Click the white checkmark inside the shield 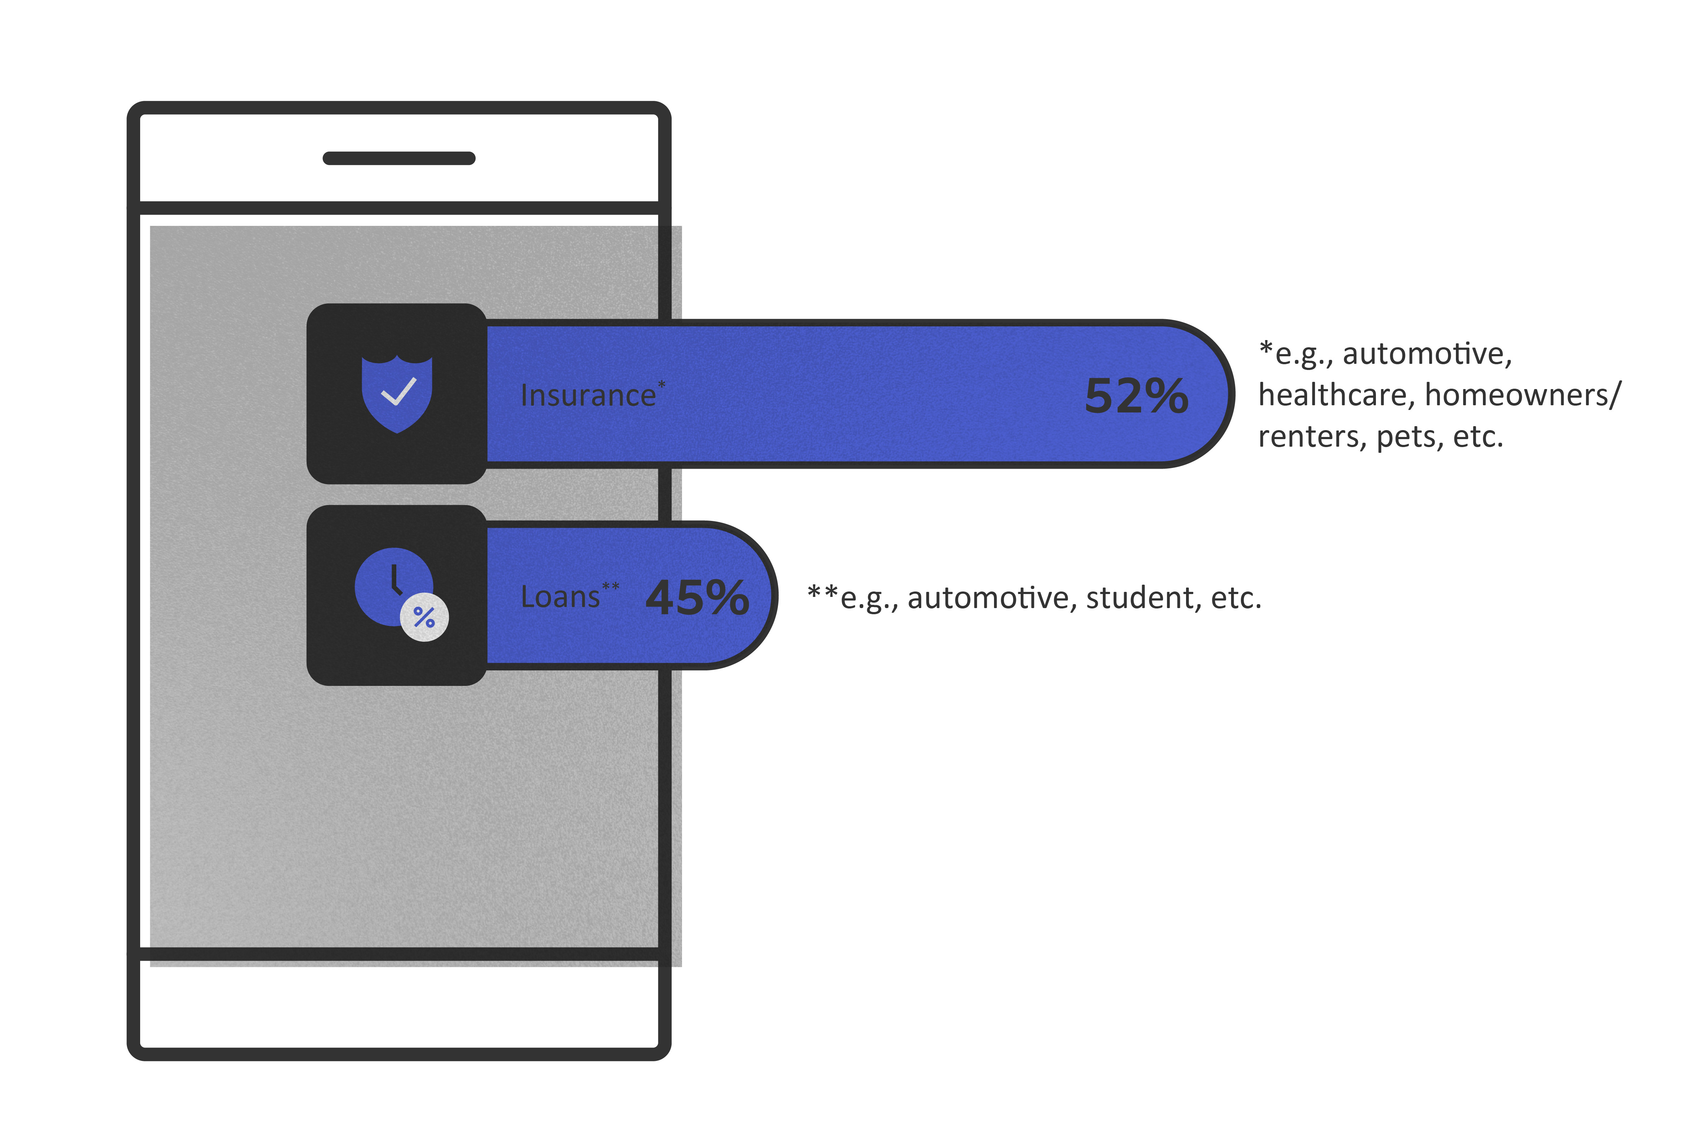coord(398,392)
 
